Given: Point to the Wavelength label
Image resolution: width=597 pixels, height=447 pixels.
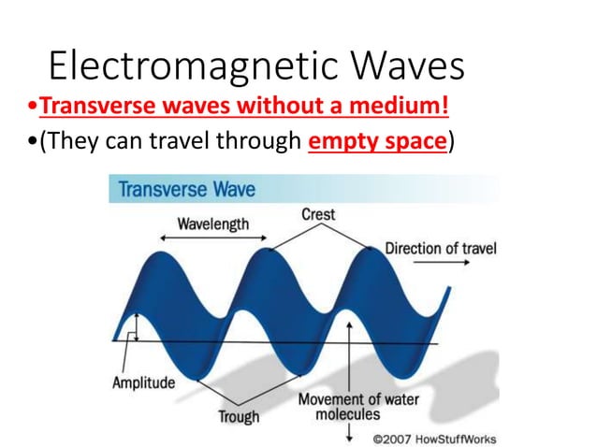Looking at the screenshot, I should click(214, 224).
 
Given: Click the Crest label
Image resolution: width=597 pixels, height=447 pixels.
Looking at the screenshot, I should click(318, 215).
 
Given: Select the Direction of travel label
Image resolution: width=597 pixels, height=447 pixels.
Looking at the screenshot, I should click(441, 250).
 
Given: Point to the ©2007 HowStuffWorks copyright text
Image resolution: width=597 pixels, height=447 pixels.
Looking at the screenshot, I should click(434, 438).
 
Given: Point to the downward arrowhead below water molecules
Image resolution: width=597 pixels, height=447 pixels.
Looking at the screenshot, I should click(349, 435).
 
